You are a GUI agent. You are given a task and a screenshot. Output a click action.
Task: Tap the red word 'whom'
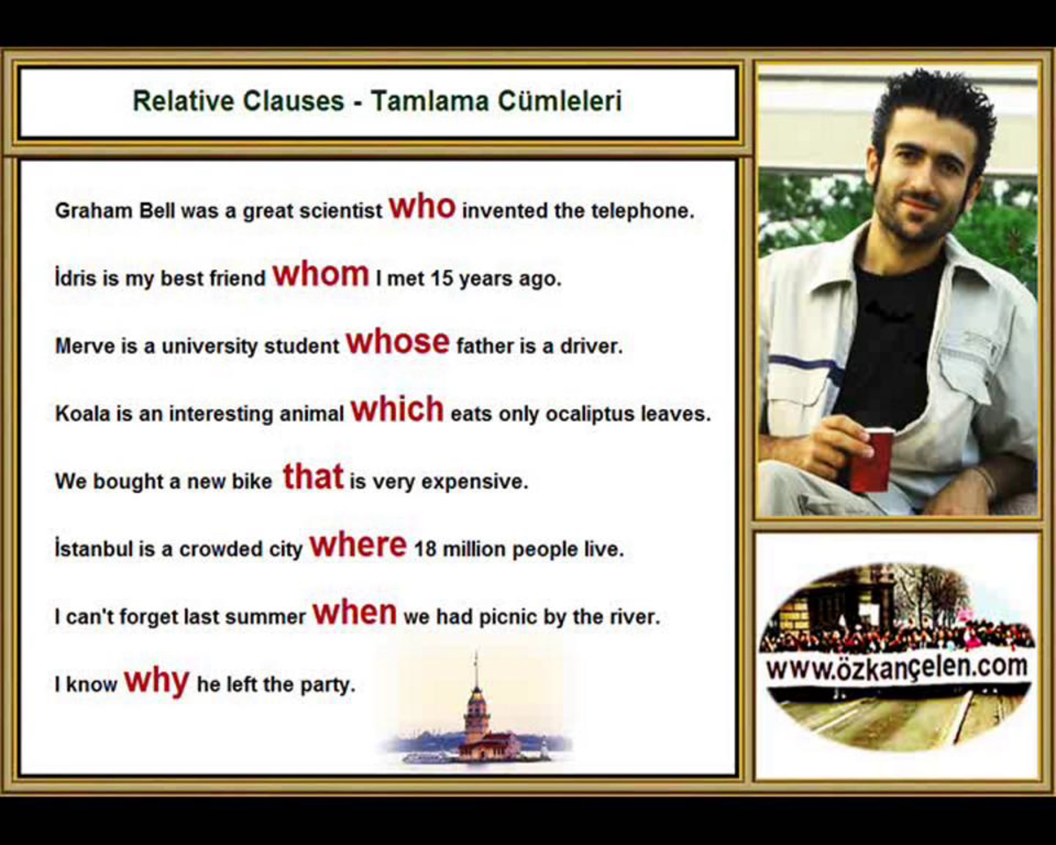click(x=321, y=274)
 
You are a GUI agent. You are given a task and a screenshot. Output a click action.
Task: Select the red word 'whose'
click(x=398, y=342)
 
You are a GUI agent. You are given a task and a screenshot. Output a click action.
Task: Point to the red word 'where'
click(x=358, y=545)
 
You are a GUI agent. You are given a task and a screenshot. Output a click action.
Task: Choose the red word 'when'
click(x=355, y=612)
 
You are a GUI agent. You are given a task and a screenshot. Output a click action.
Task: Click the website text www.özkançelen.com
click(x=897, y=667)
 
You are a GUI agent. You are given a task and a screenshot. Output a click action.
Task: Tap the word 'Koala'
click(x=83, y=414)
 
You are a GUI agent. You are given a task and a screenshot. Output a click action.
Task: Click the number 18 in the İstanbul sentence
click(x=425, y=549)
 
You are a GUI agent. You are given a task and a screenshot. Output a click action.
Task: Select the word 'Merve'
click(x=84, y=346)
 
